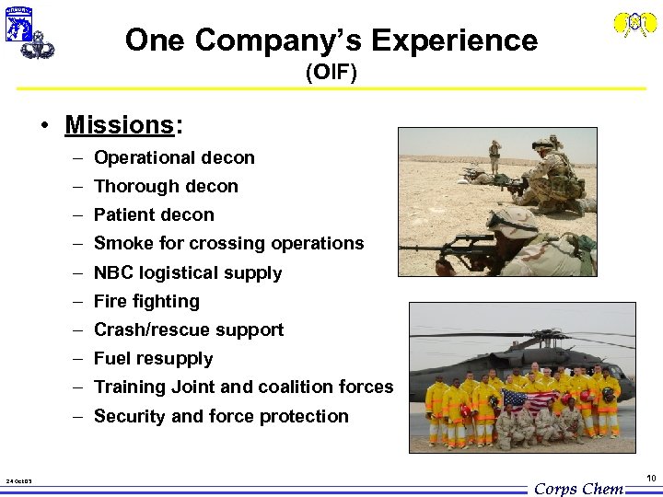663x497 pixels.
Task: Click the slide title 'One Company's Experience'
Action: [x=331, y=40]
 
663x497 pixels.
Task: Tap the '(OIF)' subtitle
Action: [x=331, y=73]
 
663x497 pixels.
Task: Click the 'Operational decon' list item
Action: [x=174, y=157]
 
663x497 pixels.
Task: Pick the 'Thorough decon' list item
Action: [x=166, y=186]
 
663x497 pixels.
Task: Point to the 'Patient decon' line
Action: [x=154, y=214]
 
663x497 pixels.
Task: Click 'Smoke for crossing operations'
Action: [x=228, y=243]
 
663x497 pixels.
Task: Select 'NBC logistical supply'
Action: [x=188, y=272]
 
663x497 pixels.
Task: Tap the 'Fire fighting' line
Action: [x=146, y=301]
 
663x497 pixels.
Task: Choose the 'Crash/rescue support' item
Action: [x=189, y=329]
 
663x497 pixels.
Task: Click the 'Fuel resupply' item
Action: [x=153, y=358]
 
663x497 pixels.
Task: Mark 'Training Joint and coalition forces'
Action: [x=243, y=387]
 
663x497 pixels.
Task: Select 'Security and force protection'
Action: [x=221, y=416]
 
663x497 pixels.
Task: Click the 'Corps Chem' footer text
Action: [x=579, y=489]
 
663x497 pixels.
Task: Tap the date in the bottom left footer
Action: [x=19, y=481]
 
